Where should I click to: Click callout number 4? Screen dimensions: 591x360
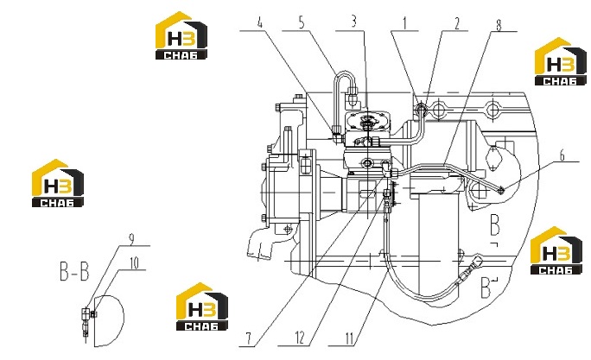[260, 22]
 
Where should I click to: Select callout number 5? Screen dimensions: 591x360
[302, 22]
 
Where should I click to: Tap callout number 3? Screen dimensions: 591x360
[354, 22]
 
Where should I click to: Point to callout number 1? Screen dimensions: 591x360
[405, 23]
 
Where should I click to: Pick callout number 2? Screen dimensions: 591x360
[457, 23]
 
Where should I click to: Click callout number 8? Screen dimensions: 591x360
[499, 25]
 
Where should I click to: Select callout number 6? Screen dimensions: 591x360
[562, 155]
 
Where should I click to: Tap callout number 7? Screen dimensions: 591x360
[248, 338]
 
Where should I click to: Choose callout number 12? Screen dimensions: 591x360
[300, 338]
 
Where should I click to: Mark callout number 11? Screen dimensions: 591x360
[349, 338]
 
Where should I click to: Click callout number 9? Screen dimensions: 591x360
[131, 239]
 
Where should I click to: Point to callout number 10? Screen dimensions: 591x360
[134, 263]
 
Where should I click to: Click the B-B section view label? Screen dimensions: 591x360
[74, 271]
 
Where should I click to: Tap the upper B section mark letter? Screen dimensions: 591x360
[495, 224]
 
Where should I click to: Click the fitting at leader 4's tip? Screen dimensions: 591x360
[337, 136]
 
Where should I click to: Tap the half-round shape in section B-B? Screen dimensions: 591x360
[109, 321]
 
